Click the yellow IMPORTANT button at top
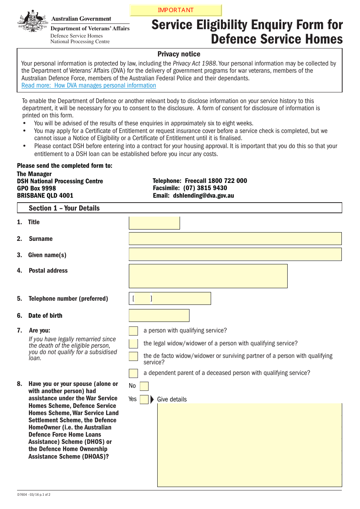tap(175, 10)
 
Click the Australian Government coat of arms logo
tap(33, 22)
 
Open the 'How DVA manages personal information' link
tap(89, 86)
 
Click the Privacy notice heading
tap(179, 54)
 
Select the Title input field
tap(154, 223)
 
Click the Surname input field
tap(235, 239)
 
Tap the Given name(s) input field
tap(235, 254)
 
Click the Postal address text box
tap(208, 276)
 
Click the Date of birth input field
tap(159, 315)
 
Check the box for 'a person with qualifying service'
tap(133, 331)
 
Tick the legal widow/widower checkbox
tap(133, 343)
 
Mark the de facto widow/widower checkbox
tap(133, 356)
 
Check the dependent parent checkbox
tap(133, 373)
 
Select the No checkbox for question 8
tap(144, 386)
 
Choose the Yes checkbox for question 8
tap(144, 400)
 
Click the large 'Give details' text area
tap(249, 445)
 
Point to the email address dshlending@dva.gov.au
tap(203, 196)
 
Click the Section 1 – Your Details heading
tap(64, 208)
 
